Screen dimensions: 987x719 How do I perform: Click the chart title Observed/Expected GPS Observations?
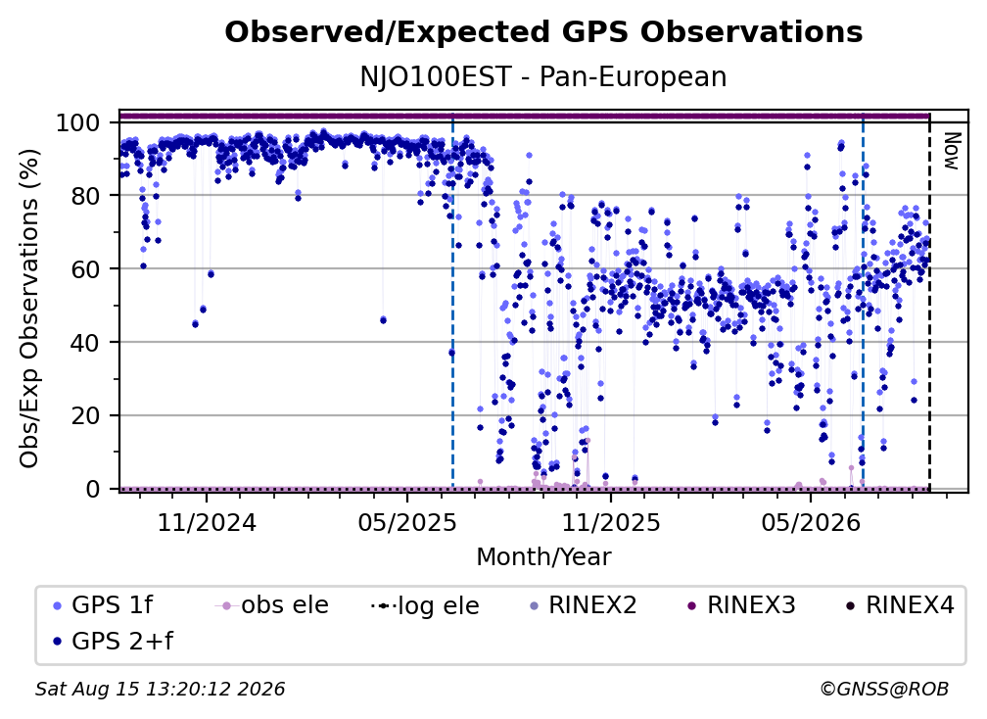543,32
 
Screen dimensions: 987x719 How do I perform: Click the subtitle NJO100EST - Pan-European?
543,76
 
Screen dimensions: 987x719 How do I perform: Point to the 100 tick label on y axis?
78,122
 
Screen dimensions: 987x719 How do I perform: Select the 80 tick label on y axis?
85,196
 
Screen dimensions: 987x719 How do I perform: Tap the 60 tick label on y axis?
85,268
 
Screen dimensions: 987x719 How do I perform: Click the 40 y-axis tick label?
85,343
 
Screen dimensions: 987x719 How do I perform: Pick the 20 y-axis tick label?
85,415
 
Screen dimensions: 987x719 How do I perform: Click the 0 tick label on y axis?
93,489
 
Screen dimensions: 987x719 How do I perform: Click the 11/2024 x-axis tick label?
207,522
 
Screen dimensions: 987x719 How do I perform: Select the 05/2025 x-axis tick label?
407,522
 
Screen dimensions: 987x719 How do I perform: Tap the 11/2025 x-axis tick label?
611,522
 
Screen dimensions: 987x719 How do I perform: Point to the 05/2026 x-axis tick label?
811,522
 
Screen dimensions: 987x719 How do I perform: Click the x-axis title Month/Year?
543,556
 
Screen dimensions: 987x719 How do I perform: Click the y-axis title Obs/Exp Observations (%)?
29,308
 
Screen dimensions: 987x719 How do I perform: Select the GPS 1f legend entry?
103,605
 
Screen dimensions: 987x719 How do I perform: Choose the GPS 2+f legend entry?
114,641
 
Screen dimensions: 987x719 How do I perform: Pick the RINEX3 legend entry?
741,605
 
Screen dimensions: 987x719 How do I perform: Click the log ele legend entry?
426,605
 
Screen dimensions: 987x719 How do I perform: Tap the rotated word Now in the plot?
952,151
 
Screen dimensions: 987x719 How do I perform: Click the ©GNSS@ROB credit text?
884,689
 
